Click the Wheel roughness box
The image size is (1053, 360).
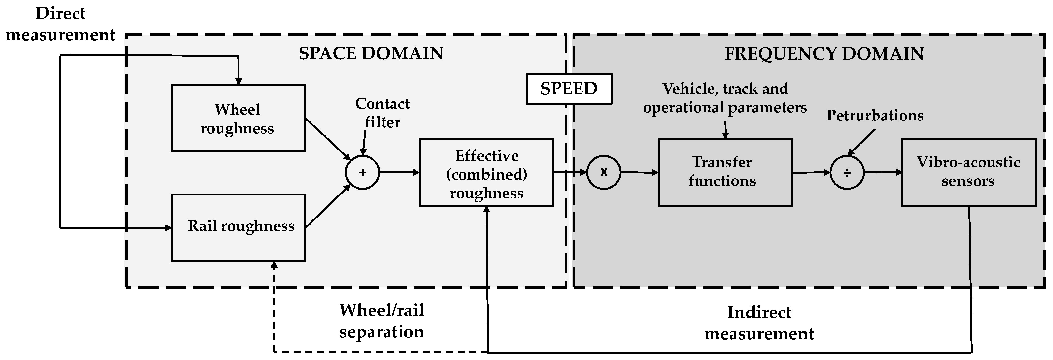[x=238, y=119]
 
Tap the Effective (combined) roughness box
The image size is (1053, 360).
[x=486, y=172]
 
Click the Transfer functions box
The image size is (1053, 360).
[x=725, y=172]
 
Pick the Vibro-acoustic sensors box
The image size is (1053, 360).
[x=968, y=172]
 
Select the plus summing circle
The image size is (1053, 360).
[x=362, y=172]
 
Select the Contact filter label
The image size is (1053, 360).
[x=382, y=113]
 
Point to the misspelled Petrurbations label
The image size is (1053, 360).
[x=875, y=116]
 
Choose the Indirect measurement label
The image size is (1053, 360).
[x=759, y=323]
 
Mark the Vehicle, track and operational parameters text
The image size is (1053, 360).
[x=725, y=98]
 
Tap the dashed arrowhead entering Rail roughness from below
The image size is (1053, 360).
[x=274, y=266]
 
